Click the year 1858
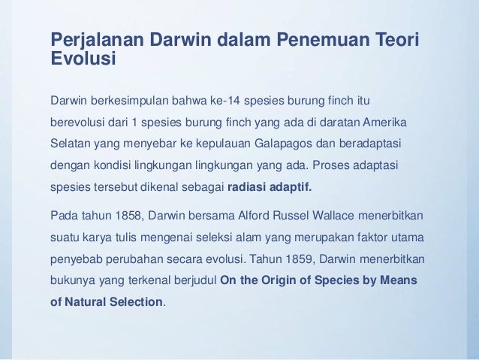(x=124, y=216)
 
